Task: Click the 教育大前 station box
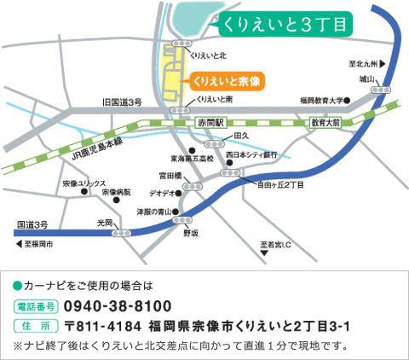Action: [324, 124]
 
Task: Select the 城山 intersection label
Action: [367, 78]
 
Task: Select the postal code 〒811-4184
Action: [102, 327]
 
